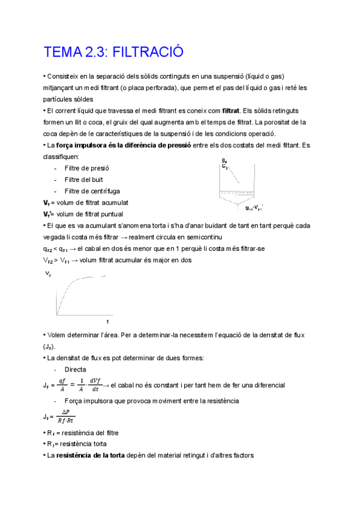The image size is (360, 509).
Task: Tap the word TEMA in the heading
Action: (59, 52)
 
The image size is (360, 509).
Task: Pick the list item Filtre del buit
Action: (84, 179)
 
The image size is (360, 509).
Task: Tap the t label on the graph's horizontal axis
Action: (107, 322)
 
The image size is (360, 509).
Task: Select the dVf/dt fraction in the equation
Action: (94, 385)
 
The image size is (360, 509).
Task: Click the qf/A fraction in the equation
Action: (60, 385)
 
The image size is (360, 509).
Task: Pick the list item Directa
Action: (75, 369)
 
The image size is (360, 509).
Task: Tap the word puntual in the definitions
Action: (110, 214)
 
